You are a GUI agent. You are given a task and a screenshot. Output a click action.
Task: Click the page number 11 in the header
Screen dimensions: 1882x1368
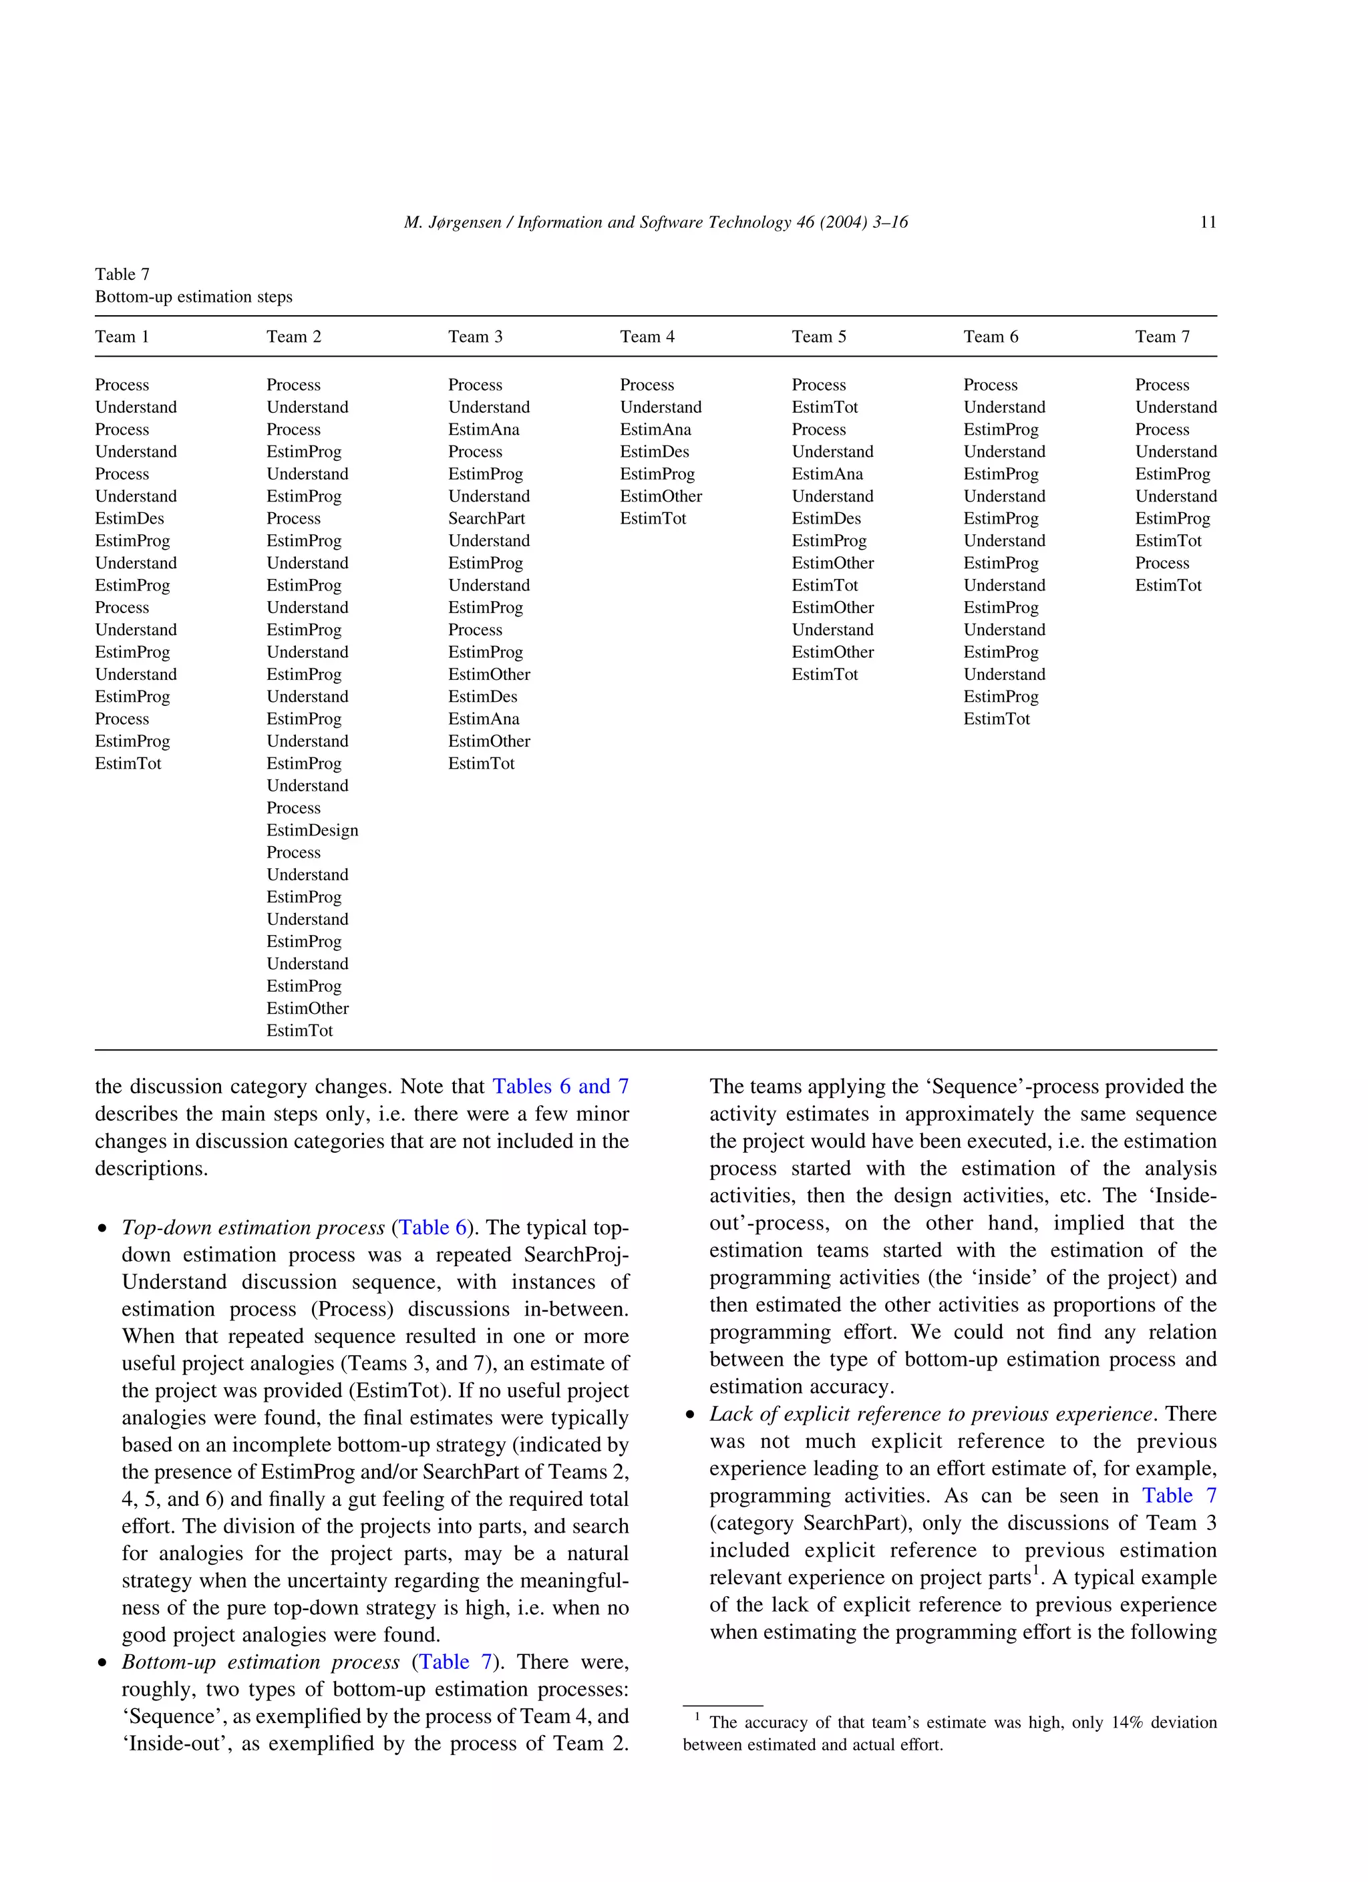[1208, 222]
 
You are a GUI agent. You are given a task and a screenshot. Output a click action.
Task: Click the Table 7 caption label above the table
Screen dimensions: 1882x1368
[122, 274]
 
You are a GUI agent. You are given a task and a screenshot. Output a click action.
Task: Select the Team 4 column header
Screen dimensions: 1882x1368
[647, 336]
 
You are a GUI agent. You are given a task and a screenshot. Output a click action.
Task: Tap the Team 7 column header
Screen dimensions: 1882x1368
[1162, 336]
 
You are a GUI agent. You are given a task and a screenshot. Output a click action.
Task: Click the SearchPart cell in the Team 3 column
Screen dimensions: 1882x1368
[486, 518]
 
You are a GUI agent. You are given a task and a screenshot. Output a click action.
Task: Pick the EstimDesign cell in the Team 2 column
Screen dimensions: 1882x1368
[312, 830]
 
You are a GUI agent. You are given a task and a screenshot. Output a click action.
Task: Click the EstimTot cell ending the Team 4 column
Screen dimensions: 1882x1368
[653, 518]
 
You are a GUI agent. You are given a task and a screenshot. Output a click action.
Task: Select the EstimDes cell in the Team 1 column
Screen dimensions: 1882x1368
[130, 518]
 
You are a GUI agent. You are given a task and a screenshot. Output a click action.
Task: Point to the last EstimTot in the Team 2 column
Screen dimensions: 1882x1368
[300, 1030]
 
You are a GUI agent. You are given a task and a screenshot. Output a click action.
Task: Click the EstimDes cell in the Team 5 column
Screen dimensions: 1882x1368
[826, 518]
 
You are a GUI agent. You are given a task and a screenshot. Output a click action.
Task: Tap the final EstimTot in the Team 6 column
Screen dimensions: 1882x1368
[996, 719]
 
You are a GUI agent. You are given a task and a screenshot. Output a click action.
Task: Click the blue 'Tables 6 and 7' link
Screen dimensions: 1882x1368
[560, 1086]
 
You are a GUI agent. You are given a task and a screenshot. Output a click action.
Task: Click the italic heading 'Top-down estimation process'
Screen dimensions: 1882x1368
[253, 1228]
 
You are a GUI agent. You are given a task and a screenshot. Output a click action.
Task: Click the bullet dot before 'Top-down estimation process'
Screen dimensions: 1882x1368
[102, 1229]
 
